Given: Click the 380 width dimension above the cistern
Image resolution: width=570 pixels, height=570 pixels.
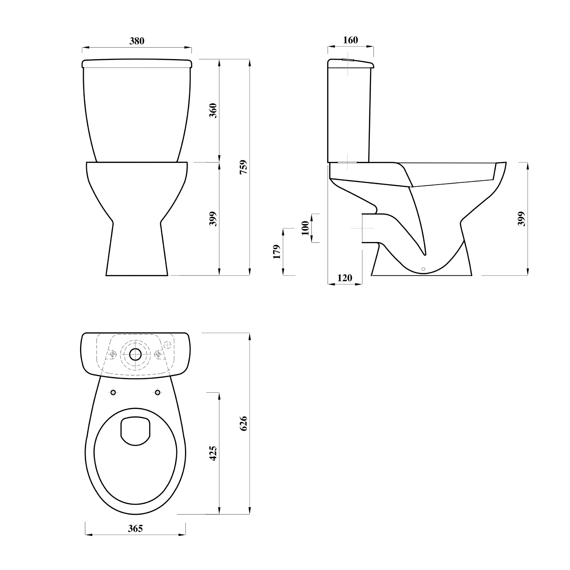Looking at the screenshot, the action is coord(137,41).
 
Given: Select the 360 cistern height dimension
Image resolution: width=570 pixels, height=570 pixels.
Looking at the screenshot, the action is coord(213,111).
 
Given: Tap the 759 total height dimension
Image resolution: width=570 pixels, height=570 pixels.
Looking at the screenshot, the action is coord(243,167).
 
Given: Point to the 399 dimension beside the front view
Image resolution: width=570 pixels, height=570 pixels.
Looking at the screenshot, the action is coord(213,219).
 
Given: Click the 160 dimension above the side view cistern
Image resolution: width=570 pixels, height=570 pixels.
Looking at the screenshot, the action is coord(351,40).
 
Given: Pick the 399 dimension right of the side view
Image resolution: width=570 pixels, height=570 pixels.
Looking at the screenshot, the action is coord(522,219).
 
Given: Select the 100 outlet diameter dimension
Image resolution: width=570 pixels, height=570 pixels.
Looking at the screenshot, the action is coord(305,228).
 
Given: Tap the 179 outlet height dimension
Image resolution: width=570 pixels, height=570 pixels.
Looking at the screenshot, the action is coord(277,252).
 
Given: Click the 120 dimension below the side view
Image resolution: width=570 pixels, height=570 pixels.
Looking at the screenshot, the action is coord(345,278).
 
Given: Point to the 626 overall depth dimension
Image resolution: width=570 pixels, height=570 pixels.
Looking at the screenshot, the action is coord(243,424).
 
